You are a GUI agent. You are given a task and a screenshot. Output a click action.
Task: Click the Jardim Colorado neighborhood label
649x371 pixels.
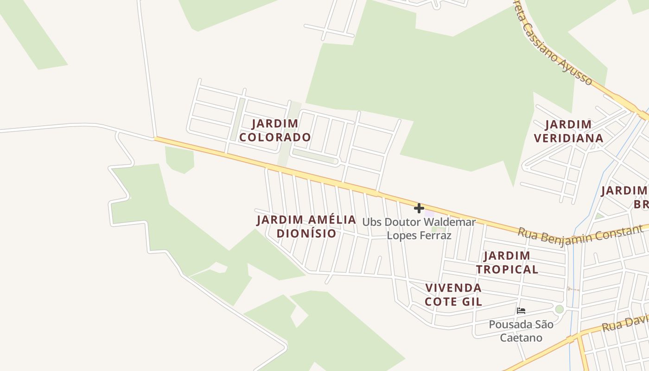coord(275,130)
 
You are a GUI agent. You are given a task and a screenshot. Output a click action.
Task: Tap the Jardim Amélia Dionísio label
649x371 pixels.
coord(306,226)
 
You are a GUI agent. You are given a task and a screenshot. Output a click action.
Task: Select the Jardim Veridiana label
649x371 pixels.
coord(568,131)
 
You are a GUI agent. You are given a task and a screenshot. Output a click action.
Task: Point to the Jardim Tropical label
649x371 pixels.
coord(507,262)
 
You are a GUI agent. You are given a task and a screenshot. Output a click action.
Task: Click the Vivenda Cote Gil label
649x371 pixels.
coord(453,294)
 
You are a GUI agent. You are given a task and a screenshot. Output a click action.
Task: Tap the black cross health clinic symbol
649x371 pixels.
coord(419,208)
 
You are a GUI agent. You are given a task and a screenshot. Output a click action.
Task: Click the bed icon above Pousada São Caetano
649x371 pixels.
coord(521,311)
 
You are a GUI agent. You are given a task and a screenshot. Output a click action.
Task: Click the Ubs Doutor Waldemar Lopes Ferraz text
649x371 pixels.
coord(419,229)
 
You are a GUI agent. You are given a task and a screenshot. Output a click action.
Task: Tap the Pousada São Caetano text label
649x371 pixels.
coord(521,331)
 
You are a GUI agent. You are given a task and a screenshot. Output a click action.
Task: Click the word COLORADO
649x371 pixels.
coord(275,137)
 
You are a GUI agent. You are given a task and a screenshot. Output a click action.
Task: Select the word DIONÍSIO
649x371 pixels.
coord(306,233)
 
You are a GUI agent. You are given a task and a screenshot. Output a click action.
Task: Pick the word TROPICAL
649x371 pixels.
coord(507,269)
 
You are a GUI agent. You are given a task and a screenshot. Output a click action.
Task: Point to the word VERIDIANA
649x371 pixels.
coord(568,138)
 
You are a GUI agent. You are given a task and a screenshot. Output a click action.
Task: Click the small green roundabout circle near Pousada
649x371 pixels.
coord(560,309)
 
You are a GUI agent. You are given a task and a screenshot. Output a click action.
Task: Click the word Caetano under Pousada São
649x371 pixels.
coord(521,338)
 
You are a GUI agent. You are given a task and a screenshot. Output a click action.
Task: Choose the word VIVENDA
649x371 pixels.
coord(453,288)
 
